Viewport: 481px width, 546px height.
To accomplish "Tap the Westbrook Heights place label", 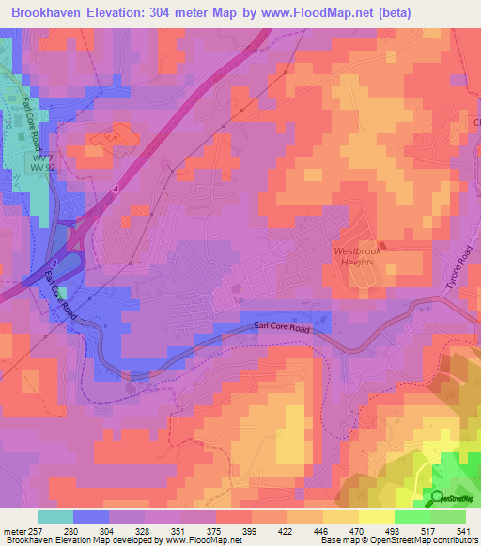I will coord(355,256).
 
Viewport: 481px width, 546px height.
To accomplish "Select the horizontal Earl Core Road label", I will coord(283,326).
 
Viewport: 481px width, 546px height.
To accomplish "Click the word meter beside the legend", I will coord(14,530).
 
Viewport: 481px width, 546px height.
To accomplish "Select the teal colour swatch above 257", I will coord(55,517).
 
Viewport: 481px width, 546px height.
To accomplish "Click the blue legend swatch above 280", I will coord(91,517).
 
